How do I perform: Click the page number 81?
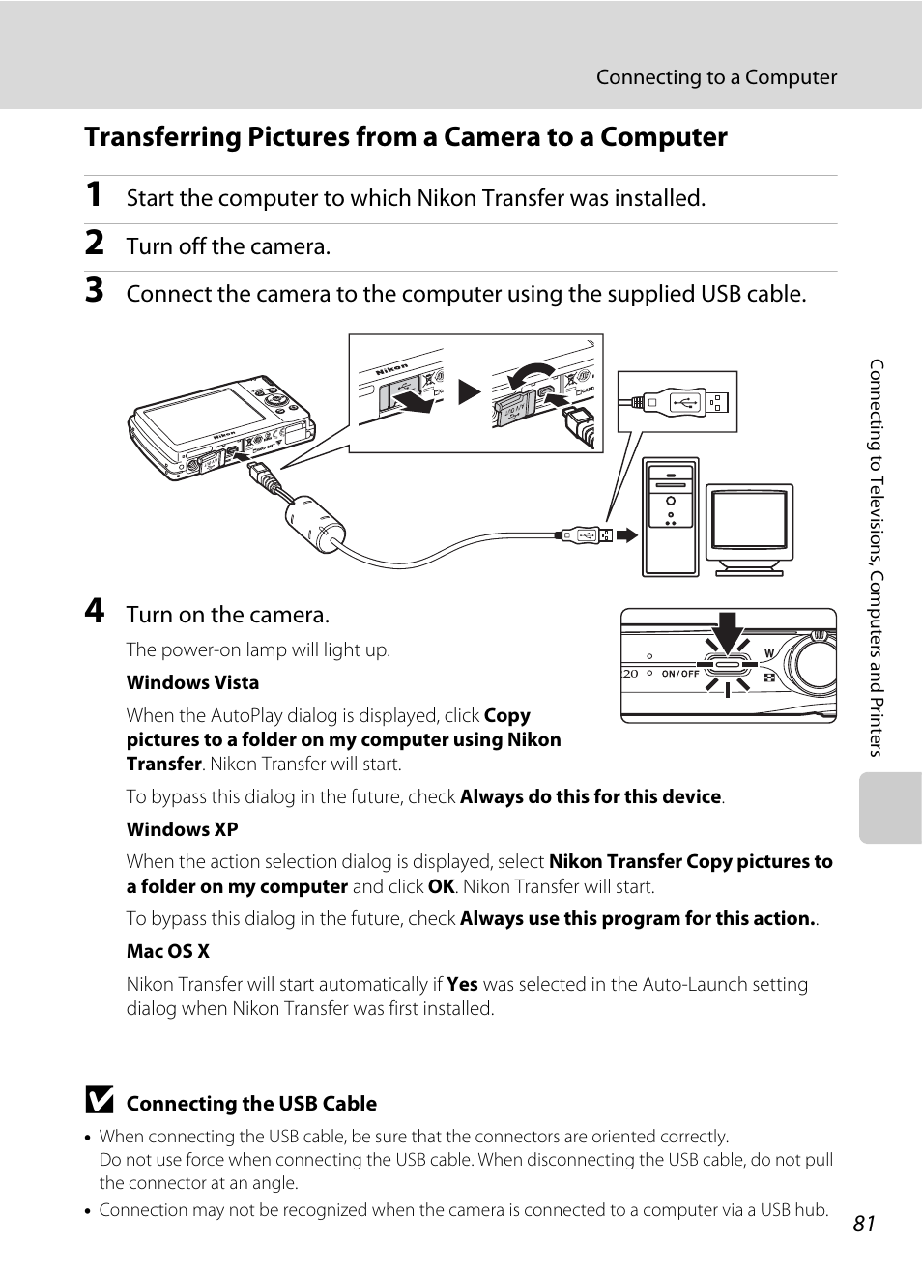tap(863, 1224)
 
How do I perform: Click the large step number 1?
tap(94, 194)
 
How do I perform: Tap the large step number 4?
tap(94, 611)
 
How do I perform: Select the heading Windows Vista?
tap(192, 682)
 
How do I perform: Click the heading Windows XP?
tap(182, 829)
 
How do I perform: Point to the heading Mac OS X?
tap(167, 951)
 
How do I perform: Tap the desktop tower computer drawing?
tap(670, 517)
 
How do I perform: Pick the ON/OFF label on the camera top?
tap(680, 674)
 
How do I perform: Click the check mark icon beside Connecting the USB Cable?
tap(99, 1101)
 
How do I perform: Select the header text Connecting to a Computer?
tap(716, 77)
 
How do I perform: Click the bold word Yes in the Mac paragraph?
tap(462, 984)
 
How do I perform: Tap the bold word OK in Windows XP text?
tap(441, 886)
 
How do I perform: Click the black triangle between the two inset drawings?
tap(470, 391)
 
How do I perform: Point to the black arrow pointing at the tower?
tap(627, 534)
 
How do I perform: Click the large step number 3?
tap(94, 290)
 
